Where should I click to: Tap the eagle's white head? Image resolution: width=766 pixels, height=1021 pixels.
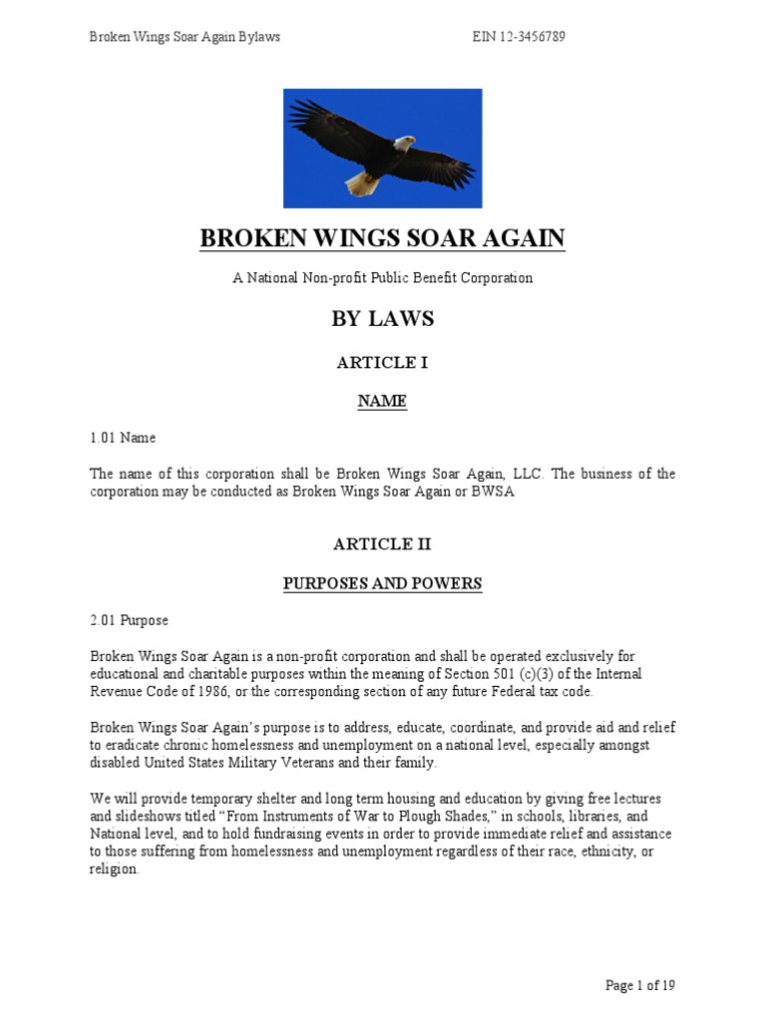click(402, 144)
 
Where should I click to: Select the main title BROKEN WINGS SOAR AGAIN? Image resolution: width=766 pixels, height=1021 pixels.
click(382, 238)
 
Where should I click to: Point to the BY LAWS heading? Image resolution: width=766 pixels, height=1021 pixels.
click(382, 319)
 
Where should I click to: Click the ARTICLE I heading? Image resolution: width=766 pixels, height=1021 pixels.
click(382, 362)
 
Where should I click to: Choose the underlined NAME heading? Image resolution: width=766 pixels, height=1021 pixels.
click(382, 401)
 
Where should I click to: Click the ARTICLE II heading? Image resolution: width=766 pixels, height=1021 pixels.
click(382, 544)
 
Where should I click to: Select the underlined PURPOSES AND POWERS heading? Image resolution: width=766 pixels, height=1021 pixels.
click(382, 583)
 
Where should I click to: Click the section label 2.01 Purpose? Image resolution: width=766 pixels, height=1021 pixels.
click(129, 620)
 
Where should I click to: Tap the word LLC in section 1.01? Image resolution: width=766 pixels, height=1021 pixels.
click(496, 474)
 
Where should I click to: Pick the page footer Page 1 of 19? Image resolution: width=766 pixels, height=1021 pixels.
click(640, 986)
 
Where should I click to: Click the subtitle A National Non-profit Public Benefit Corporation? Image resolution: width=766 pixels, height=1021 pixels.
click(382, 278)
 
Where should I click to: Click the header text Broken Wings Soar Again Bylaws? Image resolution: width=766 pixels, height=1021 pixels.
click(185, 37)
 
